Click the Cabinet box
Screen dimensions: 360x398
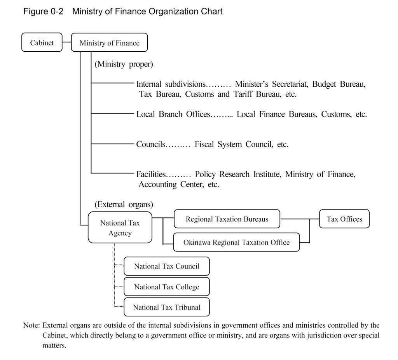(x=42, y=42)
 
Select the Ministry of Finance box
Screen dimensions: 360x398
(x=109, y=43)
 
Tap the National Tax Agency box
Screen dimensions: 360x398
(x=120, y=228)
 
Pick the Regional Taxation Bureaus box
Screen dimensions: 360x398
(x=227, y=219)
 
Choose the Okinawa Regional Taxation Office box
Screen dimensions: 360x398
(x=236, y=242)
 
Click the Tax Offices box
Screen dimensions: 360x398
(x=344, y=219)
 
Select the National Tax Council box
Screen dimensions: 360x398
(x=167, y=266)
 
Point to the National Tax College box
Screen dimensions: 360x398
(x=167, y=287)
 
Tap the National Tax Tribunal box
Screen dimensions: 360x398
(x=167, y=307)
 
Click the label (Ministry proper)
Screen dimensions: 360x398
(x=124, y=64)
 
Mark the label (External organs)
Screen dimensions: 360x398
(x=124, y=204)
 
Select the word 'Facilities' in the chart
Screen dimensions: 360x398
(x=151, y=174)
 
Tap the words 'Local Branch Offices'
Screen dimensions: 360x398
(x=173, y=114)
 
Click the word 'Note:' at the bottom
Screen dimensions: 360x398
(x=31, y=325)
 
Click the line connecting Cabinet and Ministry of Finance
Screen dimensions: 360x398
(x=67, y=42)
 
